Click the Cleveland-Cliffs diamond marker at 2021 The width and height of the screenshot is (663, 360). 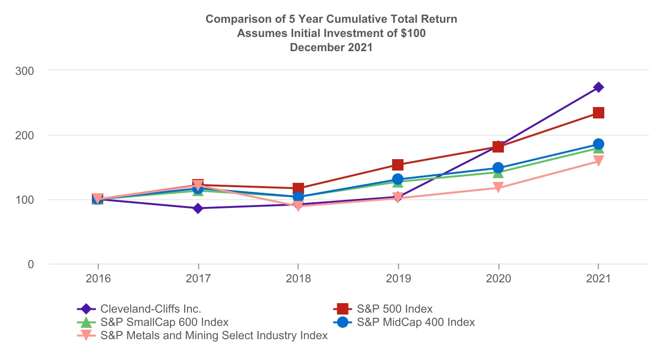pyautogui.click(x=599, y=87)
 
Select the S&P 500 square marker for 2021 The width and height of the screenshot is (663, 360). pyautogui.click(x=599, y=113)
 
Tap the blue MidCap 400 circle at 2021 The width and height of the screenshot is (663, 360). pyautogui.click(x=599, y=144)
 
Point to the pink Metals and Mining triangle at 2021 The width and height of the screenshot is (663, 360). pyautogui.click(x=599, y=161)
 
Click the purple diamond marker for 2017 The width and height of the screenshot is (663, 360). pyautogui.click(x=198, y=208)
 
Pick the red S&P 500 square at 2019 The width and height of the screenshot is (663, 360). pyautogui.click(x=398, y=165)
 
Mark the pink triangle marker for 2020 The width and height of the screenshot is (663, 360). pyautogui.click(x=498, y=188)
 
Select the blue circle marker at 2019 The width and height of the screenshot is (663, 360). pyautogui.click(x=398, y=179)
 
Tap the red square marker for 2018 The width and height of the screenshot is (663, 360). pyautogui.click(x=298, y=188)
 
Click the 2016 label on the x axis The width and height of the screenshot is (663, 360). pyautogui.click(x=98, y=279)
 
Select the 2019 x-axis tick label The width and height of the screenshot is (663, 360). pyautogui.click(x=398, y=279)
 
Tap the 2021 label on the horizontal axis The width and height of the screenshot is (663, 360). pyautogui.click(x=599, y=279)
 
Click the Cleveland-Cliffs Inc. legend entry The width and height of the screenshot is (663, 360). pyautogui.click(x=151, y=309)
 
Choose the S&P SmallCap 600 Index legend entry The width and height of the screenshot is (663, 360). pyautogui.click(x=164, y=323)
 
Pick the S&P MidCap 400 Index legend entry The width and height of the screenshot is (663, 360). pyautogui.click(x=415, y=323)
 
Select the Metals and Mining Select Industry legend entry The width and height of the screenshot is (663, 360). pyautogui.click(x=214, y=336)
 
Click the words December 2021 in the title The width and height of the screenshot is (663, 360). pyautogui.click(x=331, y=47)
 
